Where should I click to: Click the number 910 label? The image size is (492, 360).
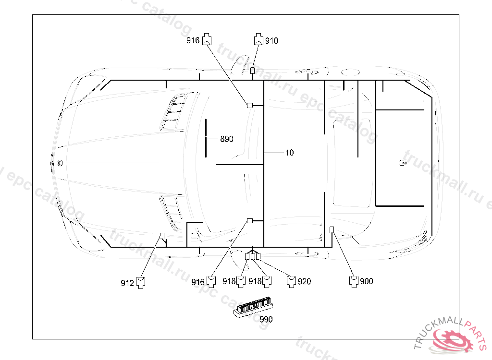pos(271,41)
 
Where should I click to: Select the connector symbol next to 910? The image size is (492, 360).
pos(258,40)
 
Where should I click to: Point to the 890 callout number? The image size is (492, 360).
pos(227,139)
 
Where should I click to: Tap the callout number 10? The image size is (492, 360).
pos(289,153)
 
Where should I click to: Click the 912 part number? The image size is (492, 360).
pos(127,283)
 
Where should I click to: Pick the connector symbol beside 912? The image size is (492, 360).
pos(141,282)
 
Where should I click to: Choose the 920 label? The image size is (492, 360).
pos(304,282)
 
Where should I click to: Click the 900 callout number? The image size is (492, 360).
pos(366,281)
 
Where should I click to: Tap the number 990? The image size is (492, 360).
pos(266,319)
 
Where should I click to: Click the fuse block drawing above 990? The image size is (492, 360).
pos(253,306)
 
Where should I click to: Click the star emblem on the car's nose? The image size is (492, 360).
pos(60,163)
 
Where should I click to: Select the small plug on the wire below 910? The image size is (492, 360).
pos(253,71)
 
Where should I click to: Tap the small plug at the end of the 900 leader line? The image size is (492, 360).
pos(332,228)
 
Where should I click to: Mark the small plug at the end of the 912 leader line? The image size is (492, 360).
pos(162,235)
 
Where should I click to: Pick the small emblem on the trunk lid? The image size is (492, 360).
pos(403,163)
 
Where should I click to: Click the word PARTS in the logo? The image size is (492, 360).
pos(471,327)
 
